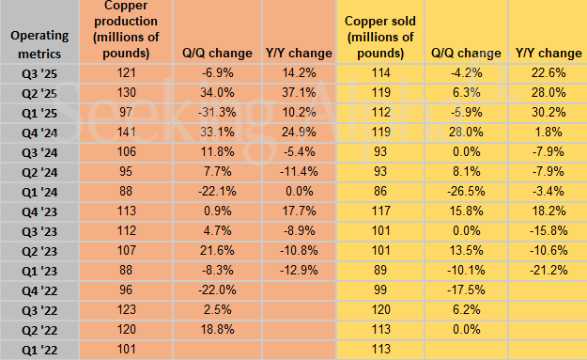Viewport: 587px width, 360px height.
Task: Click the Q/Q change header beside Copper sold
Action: click(x=464, y=54)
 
